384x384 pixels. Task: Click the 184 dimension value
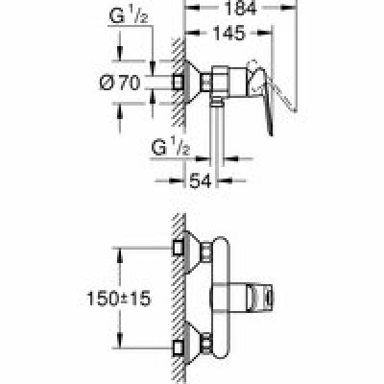pos(241,8)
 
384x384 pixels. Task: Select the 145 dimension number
pos(229,33)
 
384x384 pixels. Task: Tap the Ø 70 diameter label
pos(120,83)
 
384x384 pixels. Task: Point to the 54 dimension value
pos(201,181)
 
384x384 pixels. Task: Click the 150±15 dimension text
pos(119,300)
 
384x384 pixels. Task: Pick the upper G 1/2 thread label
pos(129,16)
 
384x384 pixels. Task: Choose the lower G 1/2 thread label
pos(170,148)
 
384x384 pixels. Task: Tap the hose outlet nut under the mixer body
pos(217,102)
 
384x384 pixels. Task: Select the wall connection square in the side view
pos(178,83)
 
